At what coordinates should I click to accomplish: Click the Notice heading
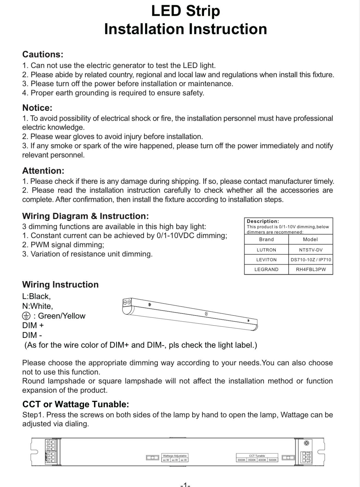tap(37, 108)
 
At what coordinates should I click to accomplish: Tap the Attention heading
tap(43, 171)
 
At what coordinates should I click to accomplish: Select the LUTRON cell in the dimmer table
tap(266, 250)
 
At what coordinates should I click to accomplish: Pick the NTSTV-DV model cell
tap(311, 250)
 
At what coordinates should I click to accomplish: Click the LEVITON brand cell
tap(266, 260)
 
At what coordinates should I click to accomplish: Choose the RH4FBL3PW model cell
tap(311, 269)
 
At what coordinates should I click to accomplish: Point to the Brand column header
tap(266, 239)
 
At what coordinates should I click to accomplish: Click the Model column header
tap(310, 239)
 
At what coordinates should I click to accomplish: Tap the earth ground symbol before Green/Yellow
tap(26, 316)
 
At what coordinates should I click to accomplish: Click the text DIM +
tap(33, 326)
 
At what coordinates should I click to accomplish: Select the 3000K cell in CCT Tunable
tap(241, 460)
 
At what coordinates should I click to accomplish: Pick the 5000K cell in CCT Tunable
tap(273, 460)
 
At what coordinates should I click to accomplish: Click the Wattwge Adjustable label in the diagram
tap(175, 456)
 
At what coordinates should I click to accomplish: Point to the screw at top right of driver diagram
tap(307, 443)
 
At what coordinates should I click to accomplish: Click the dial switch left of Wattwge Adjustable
tap(152, 458)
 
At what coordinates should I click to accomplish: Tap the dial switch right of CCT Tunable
tap(288, 458)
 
